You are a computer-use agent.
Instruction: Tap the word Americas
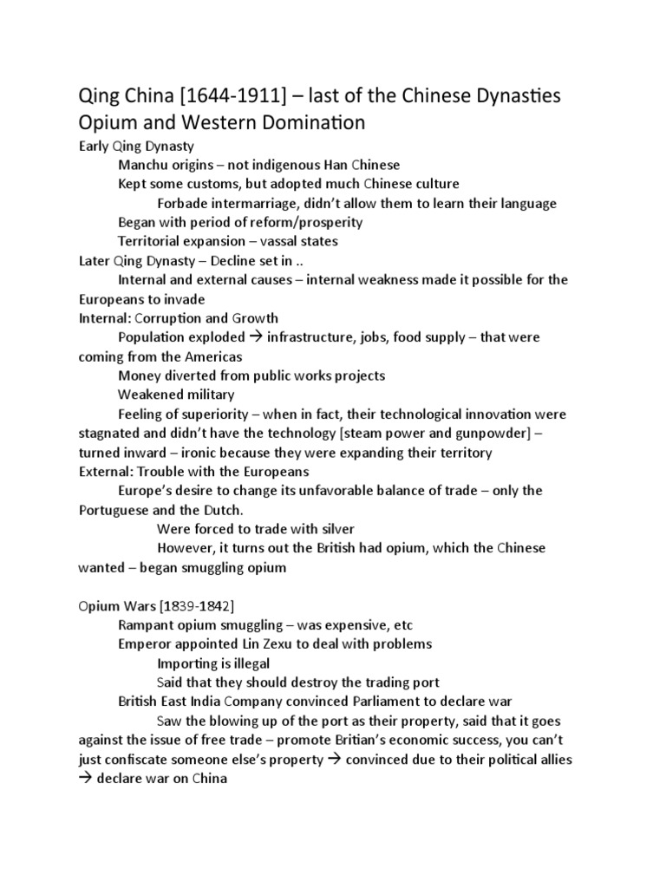click(x=212, y=356)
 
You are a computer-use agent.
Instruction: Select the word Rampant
click(x=145, y=624)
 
